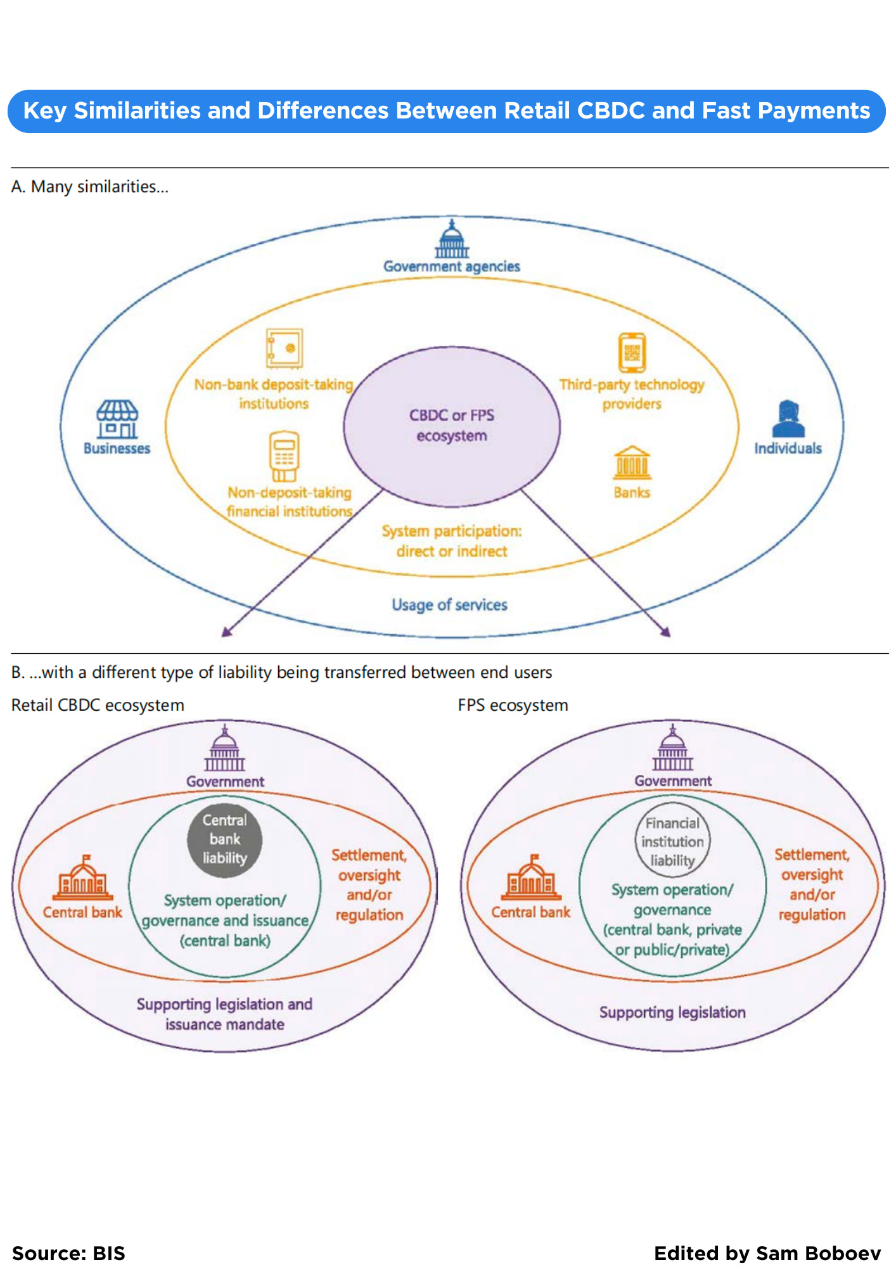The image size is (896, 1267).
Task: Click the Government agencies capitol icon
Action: [x=452, y=239]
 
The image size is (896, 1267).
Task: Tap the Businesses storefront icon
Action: [x=117, y=419]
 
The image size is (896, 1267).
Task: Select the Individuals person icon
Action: [x=788, y=419]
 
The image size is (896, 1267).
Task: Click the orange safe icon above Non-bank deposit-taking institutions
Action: [x=284, y=348]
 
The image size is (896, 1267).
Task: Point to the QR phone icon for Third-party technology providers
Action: [x=632, y=353]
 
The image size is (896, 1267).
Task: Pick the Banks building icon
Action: [x=632, y=463]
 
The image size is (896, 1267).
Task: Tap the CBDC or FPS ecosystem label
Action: [x=452, y=425]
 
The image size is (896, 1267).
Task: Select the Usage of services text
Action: [x=449, y=605]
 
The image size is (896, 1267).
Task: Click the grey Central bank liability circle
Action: [x=224, y=839]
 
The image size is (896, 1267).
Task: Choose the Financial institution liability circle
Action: [x=672, y=841]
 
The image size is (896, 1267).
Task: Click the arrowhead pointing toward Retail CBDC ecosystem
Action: [x=226, y=632]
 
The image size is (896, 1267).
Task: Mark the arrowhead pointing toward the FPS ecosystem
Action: [x=666, y=632]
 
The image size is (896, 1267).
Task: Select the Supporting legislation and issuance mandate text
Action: [x=224, y=1014]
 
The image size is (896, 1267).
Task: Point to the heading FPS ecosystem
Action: [x=513, y=705]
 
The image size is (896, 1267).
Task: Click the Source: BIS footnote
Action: [x=68, y=1253]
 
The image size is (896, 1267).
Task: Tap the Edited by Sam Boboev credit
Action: [x=767, y=1253]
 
